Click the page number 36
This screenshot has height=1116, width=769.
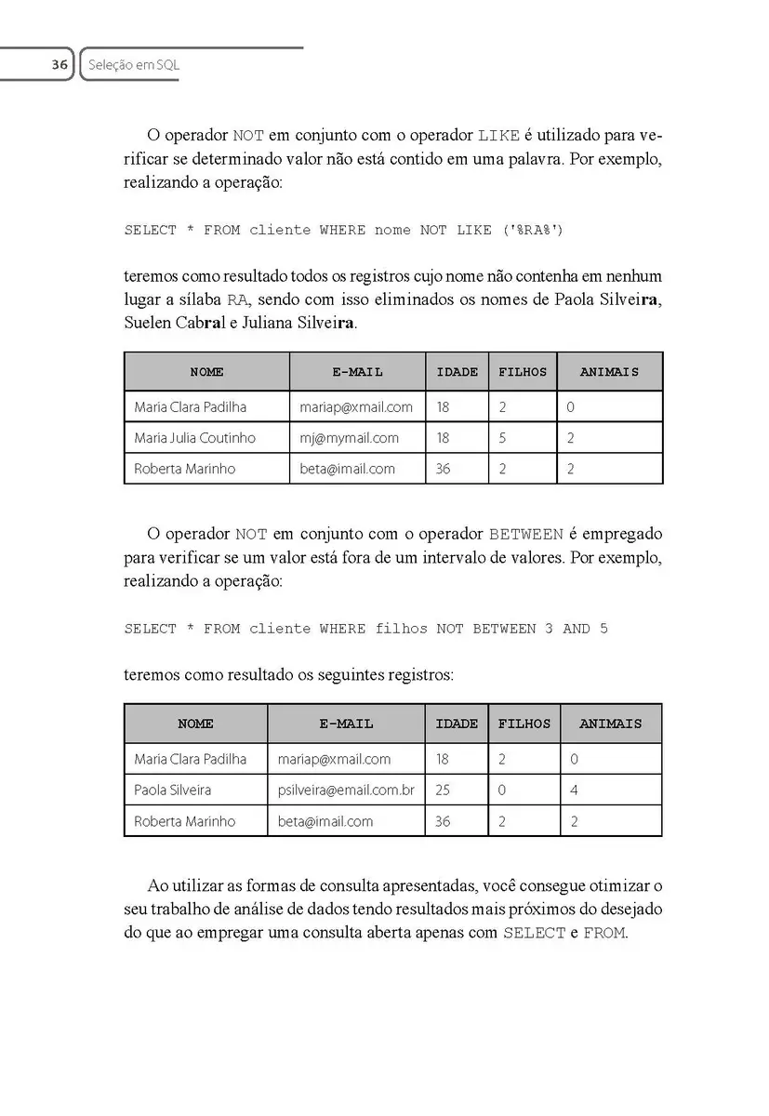point(60,65)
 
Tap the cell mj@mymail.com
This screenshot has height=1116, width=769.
point(349,438)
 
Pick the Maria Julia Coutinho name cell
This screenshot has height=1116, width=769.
point(194,438)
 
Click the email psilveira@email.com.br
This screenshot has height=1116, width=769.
point(346,790)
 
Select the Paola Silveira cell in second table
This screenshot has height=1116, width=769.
point(172,790)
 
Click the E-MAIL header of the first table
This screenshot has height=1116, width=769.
point(357,372)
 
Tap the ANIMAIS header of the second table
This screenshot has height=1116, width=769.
point(610,724)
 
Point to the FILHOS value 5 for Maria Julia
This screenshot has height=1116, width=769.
point(503,438)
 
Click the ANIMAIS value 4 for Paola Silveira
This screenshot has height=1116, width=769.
point(574,790)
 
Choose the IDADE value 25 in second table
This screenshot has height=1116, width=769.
point(443,790)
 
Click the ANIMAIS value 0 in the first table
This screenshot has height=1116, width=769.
point(570,407)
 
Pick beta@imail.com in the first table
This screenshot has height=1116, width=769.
point(347,469)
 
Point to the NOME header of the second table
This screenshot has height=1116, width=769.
point(195,724)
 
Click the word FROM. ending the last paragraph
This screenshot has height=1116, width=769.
point(605,933)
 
